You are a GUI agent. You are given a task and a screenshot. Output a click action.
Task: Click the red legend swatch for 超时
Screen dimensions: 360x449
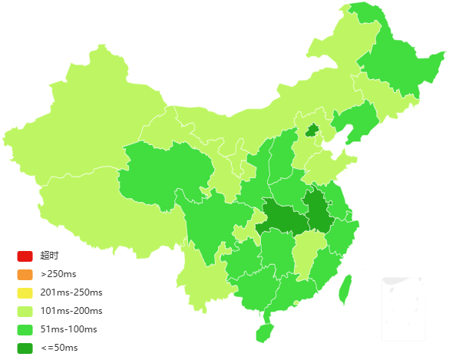pos(25,256)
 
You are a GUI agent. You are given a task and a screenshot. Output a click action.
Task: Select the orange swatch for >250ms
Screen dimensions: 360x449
pos(25,274)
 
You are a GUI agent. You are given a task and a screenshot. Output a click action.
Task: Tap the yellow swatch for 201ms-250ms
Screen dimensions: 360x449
pos(25,292)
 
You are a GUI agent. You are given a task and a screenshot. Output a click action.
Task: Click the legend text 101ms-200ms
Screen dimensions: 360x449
pos(71,311)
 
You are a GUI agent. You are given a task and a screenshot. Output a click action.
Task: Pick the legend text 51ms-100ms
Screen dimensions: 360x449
pos(69,329)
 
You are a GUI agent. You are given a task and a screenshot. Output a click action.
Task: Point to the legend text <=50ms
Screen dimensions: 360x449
pos(59,348)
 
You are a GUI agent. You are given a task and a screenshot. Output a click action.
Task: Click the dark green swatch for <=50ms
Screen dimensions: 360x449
pos(25,348)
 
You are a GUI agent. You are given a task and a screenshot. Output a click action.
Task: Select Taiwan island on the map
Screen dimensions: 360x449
pos(345,288)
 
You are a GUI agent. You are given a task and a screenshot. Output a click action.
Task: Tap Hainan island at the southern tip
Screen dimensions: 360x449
pos(264,332)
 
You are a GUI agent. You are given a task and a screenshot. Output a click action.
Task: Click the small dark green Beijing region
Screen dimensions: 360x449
pos(312,130)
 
